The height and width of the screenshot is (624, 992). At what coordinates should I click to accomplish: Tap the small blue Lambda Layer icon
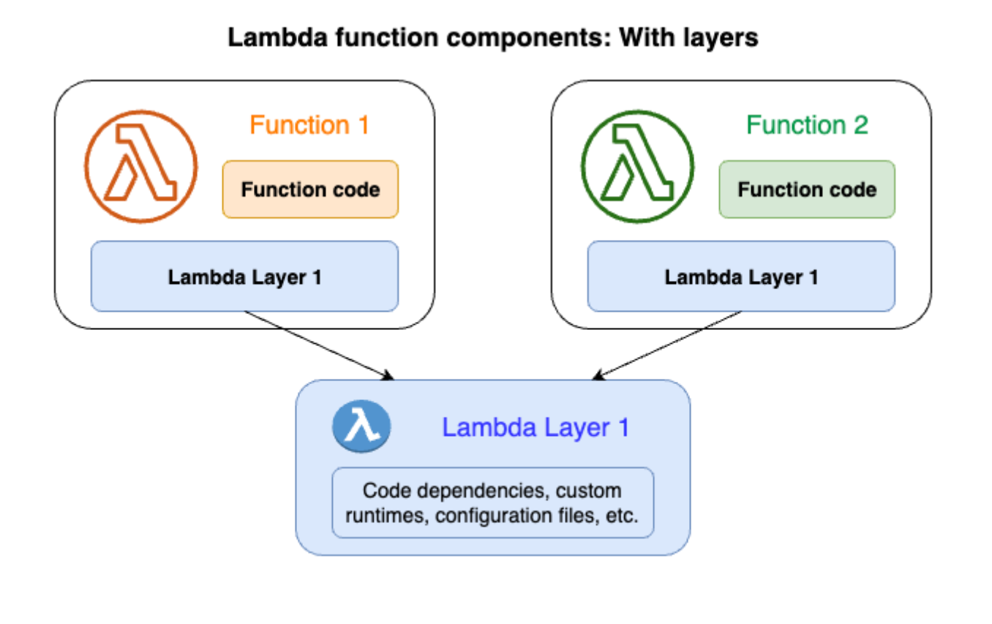pyautogui.click(x=361, y=426)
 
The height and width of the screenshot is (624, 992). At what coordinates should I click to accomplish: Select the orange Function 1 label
pyautogui.click(x=309, y=125)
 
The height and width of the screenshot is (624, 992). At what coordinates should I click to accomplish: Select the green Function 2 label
pyautogui.click(x=807, y=125)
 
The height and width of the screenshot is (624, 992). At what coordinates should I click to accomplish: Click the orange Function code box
pyautogui.click(x=310, y=189)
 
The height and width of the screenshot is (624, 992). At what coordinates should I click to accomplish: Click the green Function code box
pyautogui.click(x=807, y=189)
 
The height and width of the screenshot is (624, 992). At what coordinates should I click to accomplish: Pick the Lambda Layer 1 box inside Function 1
pyautogui.click(x=244, y=277)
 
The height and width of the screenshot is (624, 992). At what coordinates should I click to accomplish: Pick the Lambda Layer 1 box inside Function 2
pyautogui.click(x=741, y=277)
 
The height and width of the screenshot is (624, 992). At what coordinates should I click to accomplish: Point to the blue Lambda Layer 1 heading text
pyautogui.click(x=536, y=428)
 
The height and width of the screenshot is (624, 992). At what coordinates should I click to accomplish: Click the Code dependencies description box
pyautogui.click(x=493, y=503)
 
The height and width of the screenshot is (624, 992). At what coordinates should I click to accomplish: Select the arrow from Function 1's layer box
pyautogui.click(x=319, y=345)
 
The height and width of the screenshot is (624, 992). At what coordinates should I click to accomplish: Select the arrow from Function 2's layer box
pyautogui.click(x=667, y=345)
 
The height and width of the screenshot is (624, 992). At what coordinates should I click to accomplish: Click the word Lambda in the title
pyautogui.click(x=278, y=37)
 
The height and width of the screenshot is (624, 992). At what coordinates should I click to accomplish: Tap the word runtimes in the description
pyautogui.click(x=387, y=516)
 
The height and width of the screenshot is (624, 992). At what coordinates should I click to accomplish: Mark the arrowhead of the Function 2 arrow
pyautogui.click(x=598, y=375)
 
